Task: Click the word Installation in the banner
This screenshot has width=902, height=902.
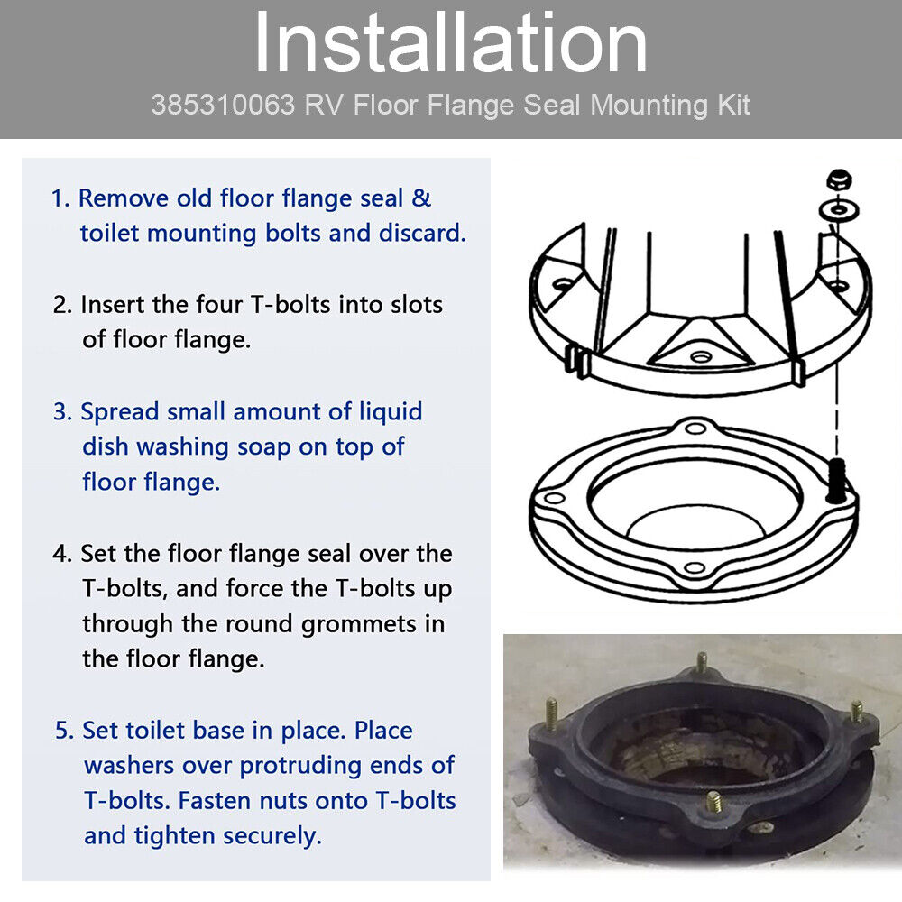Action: pos(451,43)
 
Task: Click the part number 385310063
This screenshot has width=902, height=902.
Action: pos(223,106)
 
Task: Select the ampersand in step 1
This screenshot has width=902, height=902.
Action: pos(421,198)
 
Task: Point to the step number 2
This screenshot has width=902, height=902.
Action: pos(62,305)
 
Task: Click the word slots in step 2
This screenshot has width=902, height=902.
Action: pos(417,304)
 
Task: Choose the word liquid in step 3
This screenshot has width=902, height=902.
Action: pos(391,412)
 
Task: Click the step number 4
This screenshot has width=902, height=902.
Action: pos(61,554)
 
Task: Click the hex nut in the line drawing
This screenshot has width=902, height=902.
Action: pos(839,180)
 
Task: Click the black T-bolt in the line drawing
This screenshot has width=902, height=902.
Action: pos(837,481)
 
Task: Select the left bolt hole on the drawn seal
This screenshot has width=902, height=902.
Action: pos(554,498)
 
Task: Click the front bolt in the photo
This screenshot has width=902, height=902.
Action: pos(713,802)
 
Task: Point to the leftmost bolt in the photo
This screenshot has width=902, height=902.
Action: pos(552,713)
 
